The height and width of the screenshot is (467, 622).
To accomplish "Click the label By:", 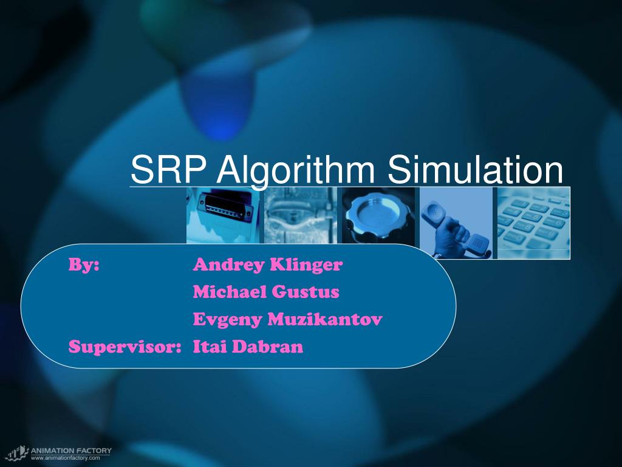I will coord(84,265).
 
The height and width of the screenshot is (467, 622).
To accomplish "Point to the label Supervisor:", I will coord(125,347).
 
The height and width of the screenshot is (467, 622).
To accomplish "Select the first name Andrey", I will coord(228,266).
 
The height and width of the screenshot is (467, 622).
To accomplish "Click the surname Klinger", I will coord(306,266).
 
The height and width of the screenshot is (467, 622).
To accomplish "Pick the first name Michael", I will coord(230,292).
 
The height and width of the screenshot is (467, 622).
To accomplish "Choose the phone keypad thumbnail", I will coord(533,223).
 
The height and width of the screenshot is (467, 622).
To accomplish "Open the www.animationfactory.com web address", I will coord(65,458).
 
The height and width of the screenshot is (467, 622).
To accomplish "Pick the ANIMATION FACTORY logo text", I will coord(71,451).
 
